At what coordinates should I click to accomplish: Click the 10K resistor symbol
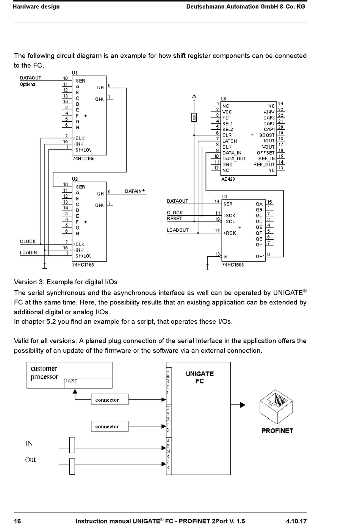point(194,118)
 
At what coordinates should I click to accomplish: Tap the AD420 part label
point(228,179)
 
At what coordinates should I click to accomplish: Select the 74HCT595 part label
point(233,265)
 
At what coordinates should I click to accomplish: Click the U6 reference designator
point(223,99)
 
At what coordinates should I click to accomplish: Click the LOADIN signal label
point(28,252)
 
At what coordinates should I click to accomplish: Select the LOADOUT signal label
point(178,230)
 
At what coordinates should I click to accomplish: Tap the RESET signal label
point(174,219)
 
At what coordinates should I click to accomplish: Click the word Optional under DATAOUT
point(28,84)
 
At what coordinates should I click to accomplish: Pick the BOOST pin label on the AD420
point(267,135)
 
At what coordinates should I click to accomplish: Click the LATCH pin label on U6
point(229,141)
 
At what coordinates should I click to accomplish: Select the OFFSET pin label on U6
point(266,153)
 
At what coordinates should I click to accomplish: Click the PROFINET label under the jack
point(277,431)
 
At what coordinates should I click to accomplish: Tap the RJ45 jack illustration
point(276,407)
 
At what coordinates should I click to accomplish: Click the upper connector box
point(110,399)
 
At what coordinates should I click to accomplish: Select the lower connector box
point(110,426)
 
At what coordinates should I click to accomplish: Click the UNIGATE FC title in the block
point(200,377)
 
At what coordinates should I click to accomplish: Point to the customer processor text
point(44,372)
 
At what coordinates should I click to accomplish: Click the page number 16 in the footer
point(17,521)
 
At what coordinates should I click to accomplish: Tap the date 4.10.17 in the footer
point(296,521)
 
